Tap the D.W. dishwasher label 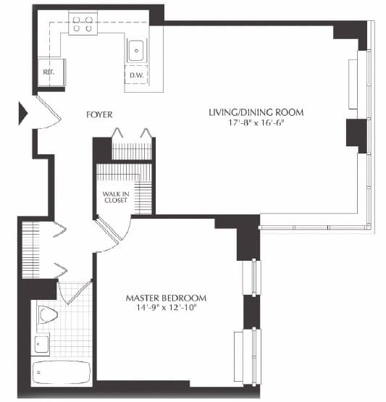[135, 76]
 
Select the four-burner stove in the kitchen [83, 24]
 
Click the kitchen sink [136, 49]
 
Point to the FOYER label [99, 115]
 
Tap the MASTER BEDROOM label [166, 298]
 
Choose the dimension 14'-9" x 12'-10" [166, 309]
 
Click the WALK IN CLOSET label [115, 196]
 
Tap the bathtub [62, 372]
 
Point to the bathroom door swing [72, 291]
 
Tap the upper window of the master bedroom [253, 277]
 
